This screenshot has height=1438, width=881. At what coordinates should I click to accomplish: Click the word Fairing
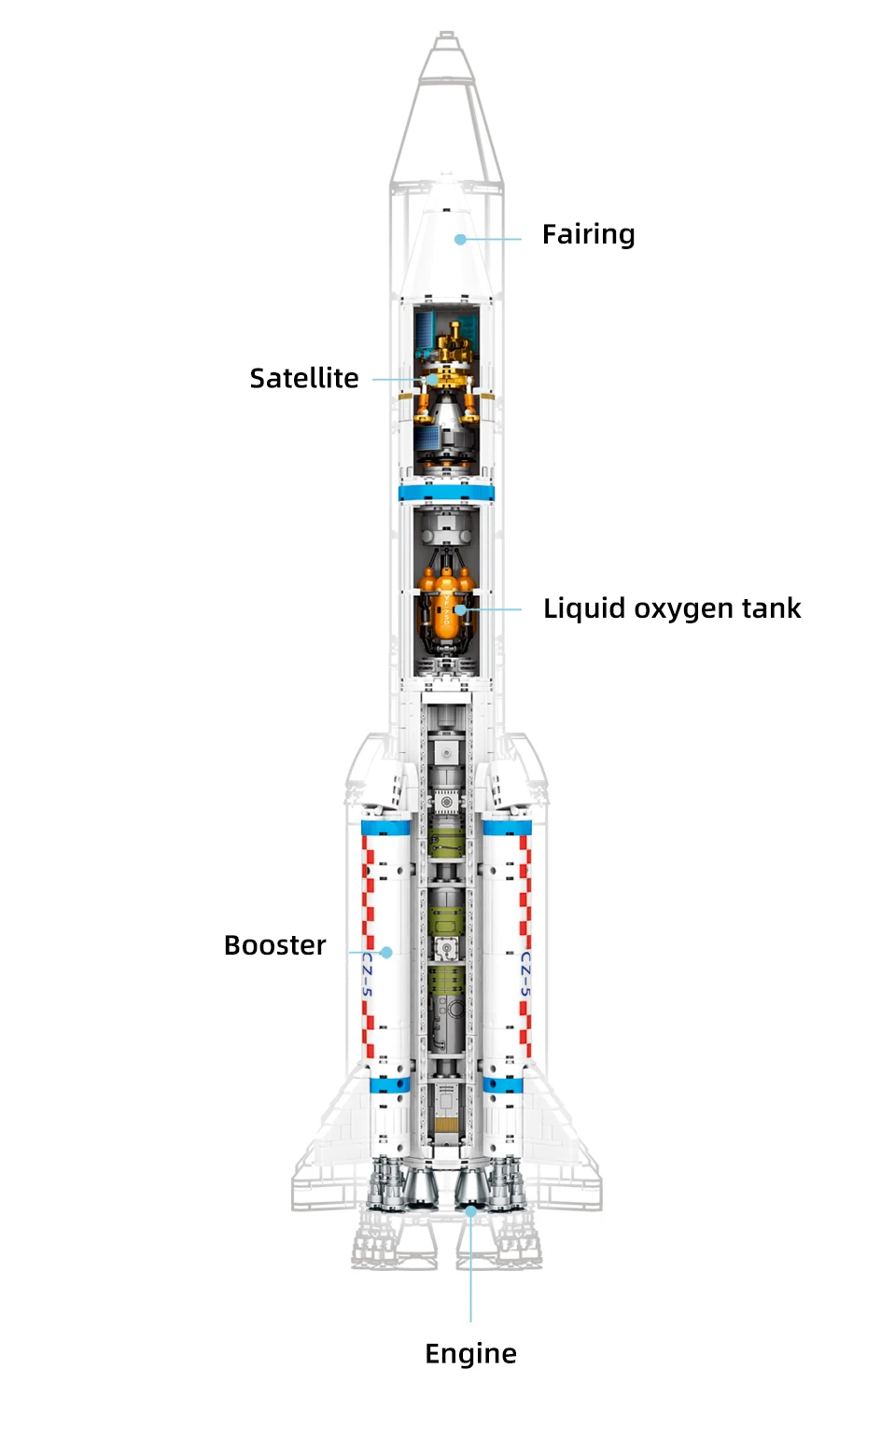pyautogui.click(x=588, y=234)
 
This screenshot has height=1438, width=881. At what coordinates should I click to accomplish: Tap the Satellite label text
pyautogui.click(x=304, y=378)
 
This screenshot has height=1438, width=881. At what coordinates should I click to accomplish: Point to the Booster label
pyautogui.click(x=275, y=945)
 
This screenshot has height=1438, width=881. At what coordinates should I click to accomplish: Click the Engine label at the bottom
pyautogui.click(x=470, y=1353)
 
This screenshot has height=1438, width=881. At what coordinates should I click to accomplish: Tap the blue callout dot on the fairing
pyautogui.click(x=460, y=240)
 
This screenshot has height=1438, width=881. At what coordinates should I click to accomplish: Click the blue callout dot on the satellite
pyautogui.click(x=432, y=380)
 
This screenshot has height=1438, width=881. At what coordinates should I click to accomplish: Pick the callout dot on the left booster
pyautogui.click(x=386, y=953)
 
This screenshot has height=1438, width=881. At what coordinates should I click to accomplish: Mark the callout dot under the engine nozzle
pyautogui.click(x=471, y=1211)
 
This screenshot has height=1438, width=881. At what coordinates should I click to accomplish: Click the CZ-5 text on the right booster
pyautogui.click(x=524, y=973)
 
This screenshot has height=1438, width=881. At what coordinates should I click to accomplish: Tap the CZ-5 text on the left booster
pyautogui.click(x=367, y=973)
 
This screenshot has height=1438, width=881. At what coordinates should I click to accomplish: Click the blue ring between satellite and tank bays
pyautogui.click(x=446, y=493)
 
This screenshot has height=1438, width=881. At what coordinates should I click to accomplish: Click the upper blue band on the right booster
pyautogui.click(x=507, y=827)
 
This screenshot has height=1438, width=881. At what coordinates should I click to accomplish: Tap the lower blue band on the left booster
pyautogui.click(x=389, y=1084)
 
